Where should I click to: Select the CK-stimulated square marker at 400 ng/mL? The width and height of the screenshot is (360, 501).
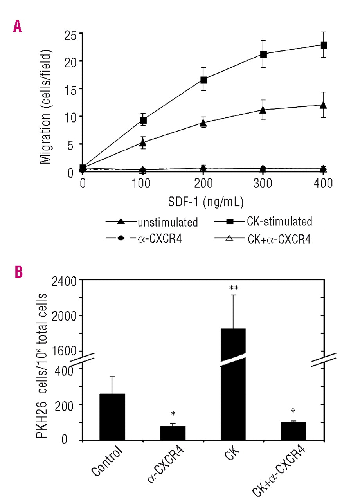point(324,45)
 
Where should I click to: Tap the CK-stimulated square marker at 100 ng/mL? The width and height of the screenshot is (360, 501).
point(143,120)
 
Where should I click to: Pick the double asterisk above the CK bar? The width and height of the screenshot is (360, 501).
point(234,288)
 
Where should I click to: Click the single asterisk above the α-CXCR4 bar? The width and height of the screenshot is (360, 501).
point(173,414)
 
